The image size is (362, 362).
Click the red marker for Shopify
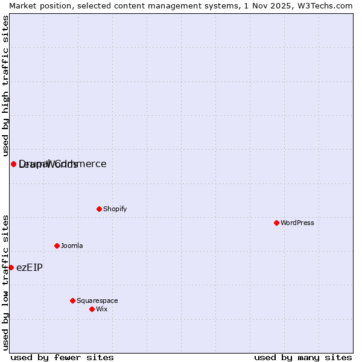tap(99, 209)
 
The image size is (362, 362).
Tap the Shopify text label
tap(115, 209)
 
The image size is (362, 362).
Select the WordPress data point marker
tap(276, 223)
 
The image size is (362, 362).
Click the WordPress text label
tap(297, 223)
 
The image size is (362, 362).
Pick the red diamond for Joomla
tap(57, 246)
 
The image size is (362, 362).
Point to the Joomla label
tap(72, 246)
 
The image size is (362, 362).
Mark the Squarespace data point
tap(72, 300)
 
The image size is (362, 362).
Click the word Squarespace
tap(97, 300)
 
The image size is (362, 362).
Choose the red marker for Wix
tap(92, 309)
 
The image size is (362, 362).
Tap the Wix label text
tap(102, 309)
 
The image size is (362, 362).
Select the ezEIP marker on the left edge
tap(11, 267)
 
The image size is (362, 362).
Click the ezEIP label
tap(30, 267)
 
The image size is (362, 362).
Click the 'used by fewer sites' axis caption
tap(62, 357)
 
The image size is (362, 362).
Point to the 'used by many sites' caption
tap(303, 357)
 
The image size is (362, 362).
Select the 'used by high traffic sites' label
tap(5, 86)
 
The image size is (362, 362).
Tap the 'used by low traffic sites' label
tap(5, 282)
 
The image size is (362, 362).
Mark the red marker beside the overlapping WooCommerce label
tap(13, 164)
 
